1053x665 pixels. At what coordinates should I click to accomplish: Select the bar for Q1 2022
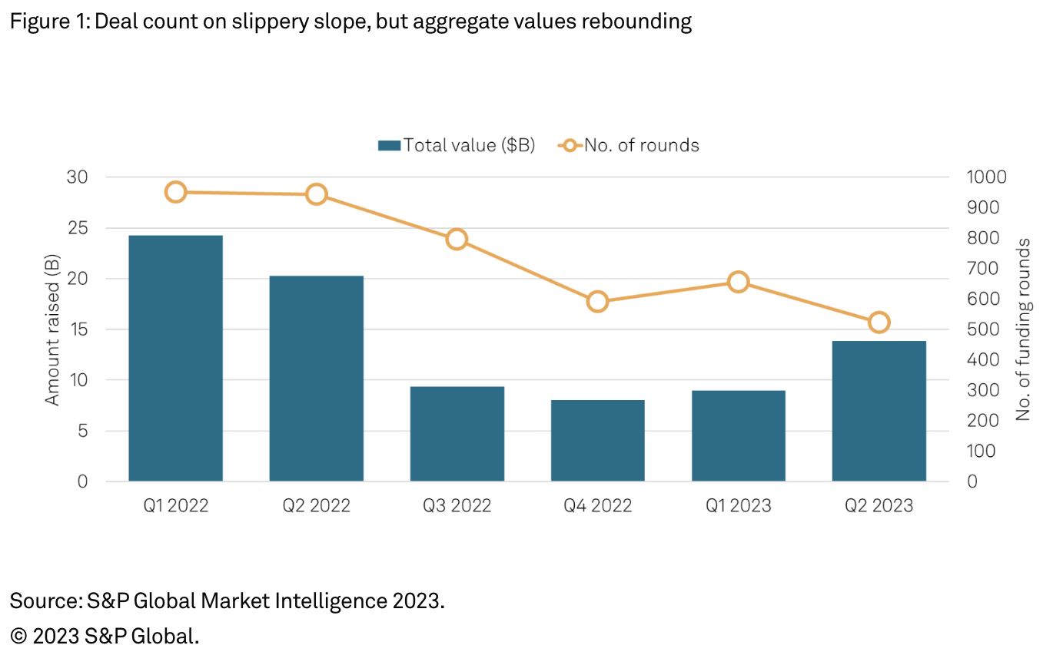175,358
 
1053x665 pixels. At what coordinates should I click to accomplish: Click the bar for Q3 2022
457,434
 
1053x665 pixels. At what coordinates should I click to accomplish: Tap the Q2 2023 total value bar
879,411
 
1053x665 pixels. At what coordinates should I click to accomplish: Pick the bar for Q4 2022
597,440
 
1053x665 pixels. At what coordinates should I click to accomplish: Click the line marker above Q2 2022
316,194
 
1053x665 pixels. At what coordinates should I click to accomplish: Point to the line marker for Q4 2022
597,301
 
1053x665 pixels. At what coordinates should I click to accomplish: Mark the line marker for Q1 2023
738,282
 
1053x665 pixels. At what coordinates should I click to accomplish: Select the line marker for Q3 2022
457,239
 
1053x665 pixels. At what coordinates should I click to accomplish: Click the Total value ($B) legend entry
457,145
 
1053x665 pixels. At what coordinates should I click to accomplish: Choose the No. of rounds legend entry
630,145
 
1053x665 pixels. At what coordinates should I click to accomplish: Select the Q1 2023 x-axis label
738,505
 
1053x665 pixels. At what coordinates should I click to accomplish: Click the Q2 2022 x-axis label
316,505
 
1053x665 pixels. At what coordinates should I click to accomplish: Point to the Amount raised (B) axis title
52,329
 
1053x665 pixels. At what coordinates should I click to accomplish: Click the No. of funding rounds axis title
1023,329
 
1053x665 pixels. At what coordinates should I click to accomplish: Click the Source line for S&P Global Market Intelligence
228,600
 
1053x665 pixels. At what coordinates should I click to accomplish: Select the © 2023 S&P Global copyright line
105,636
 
